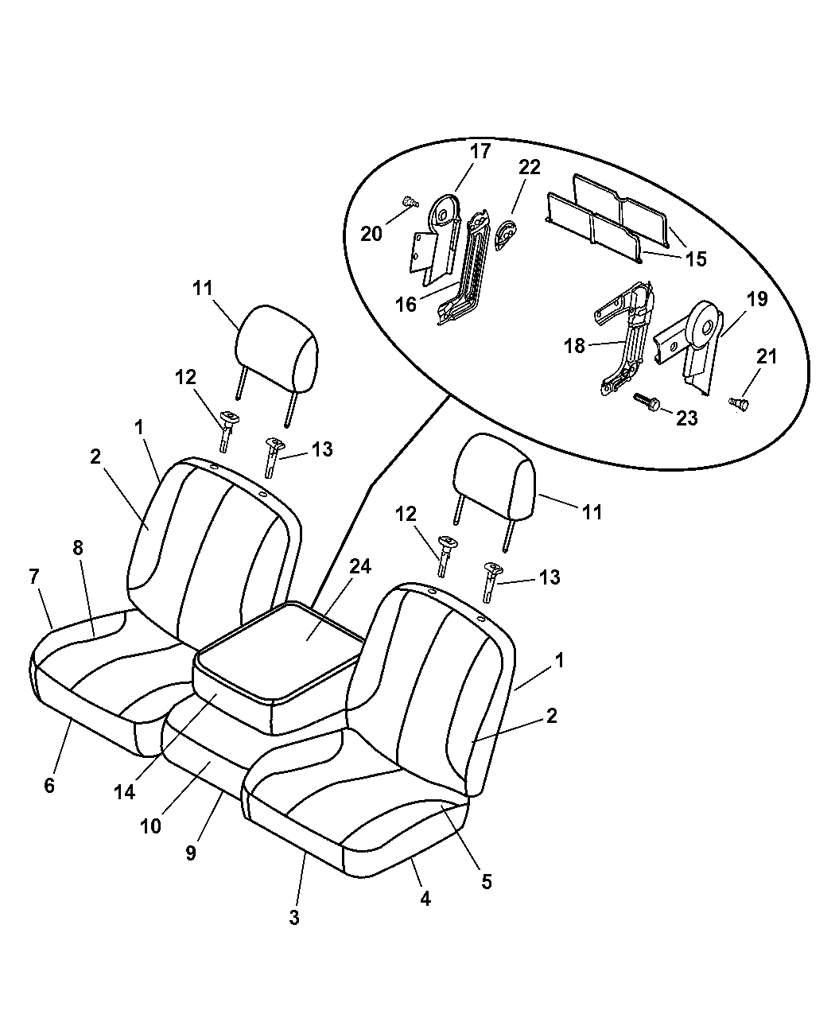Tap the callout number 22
coord(529,167)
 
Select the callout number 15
coord(696,259)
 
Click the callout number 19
coord(756,300)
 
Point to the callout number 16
coord(406,305)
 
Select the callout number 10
coord(150,826)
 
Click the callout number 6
coord(49,786)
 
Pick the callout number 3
coord(294,917)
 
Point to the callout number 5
coord(487,881)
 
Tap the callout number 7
coord(34,576)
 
